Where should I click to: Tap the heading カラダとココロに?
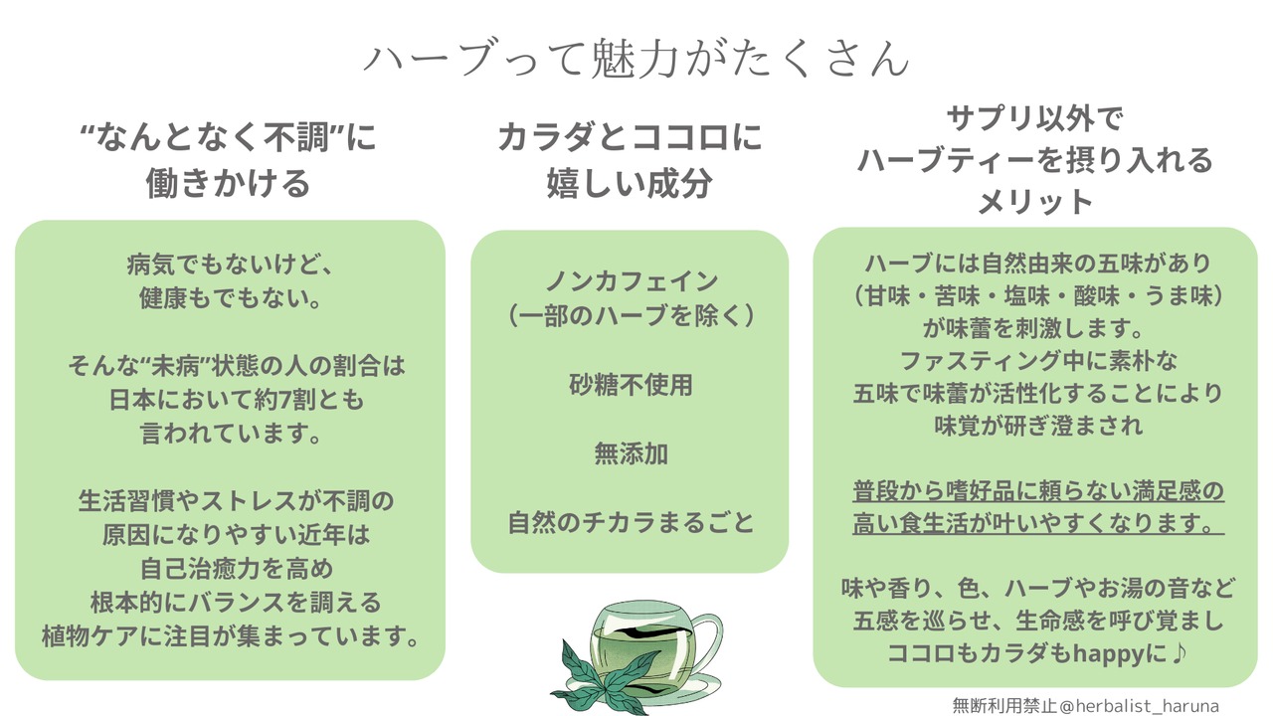pyautogui.click(x=630, y=136)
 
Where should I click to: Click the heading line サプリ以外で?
pyautogui.click(x=1035, y=120)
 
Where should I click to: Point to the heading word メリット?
pyautogui.click(x=1035, y=202)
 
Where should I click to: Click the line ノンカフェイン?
pyautogui.click(x=631, y=281)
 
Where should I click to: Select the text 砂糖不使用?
pyautogui.click(x=631, y=385)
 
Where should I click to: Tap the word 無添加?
pyautogui.click(x=631, y=453)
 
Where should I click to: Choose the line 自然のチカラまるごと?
pyautogui.click(x=631, y=522)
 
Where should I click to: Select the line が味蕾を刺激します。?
pyautogui.click(x=1035, y=328)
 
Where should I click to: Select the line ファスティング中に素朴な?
pyautogui.click(x=1035, y=360)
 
